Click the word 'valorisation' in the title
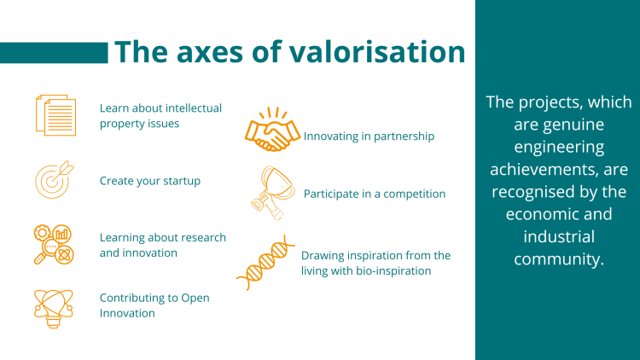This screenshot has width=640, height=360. click(377, 52)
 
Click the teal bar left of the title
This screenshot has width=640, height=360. click(54, 53)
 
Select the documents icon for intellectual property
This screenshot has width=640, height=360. click(56, 115)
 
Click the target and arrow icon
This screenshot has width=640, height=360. click(54, 180)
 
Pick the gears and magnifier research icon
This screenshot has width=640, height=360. click(54, 244)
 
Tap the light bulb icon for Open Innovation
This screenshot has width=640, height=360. click(54, 309)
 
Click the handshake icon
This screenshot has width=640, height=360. click(273, 130)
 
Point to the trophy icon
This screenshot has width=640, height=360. click(273, 193)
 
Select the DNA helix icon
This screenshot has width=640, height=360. click(265, 263)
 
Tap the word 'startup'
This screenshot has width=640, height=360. click(182, 181)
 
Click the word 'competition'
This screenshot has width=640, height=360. click(414, 195)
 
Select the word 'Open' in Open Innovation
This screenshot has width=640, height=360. click(195, 299)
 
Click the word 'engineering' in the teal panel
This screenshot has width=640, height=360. click(559, 148)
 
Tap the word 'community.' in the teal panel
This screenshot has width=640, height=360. click(559, 259)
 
